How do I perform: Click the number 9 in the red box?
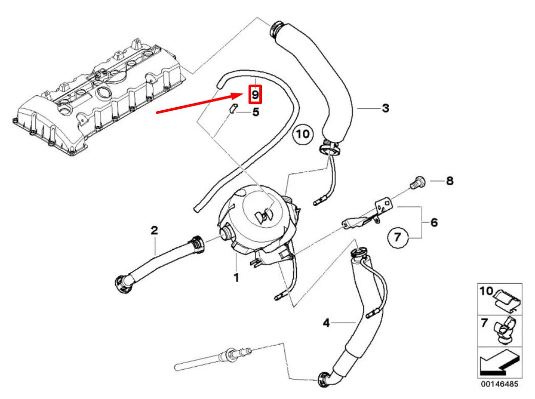pos(255,94)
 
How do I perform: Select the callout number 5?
pos(256,111)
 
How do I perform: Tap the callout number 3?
pos(385,108)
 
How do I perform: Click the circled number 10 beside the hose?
pos(302,134)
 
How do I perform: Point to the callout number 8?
pos(449,181)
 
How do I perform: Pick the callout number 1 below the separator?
pos(236,277)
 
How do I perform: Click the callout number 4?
pos(326,323)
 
